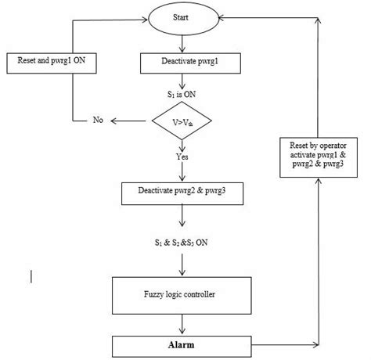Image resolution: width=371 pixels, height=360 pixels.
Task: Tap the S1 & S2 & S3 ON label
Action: [x=182, y=243]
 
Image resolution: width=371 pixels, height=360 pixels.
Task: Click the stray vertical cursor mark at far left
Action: [x=31, y=275]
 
